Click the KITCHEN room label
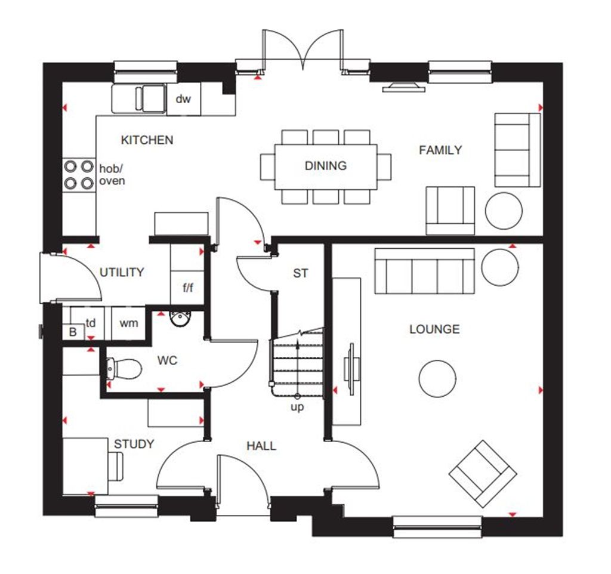(x=147, y=140)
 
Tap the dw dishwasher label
(x=183, y=99)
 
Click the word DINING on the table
(x=325, y=166)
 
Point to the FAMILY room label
(x=440, y=150)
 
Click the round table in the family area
(x=504, y=210)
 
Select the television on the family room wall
(x=403, y=88)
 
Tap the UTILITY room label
(x=122, y=273)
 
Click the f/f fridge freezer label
(x=187, y=288)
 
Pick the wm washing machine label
(x=129, y=323)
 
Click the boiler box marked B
(x=73, y=332)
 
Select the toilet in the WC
(x=123, y=368)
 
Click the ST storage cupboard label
(x=301, y=273)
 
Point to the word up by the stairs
(x=297, y=407)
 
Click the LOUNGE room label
(x=434, y=329)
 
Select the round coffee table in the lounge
(x=437, y=378)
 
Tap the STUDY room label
(x=134, y=444)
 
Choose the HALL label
(x=261, y=446)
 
